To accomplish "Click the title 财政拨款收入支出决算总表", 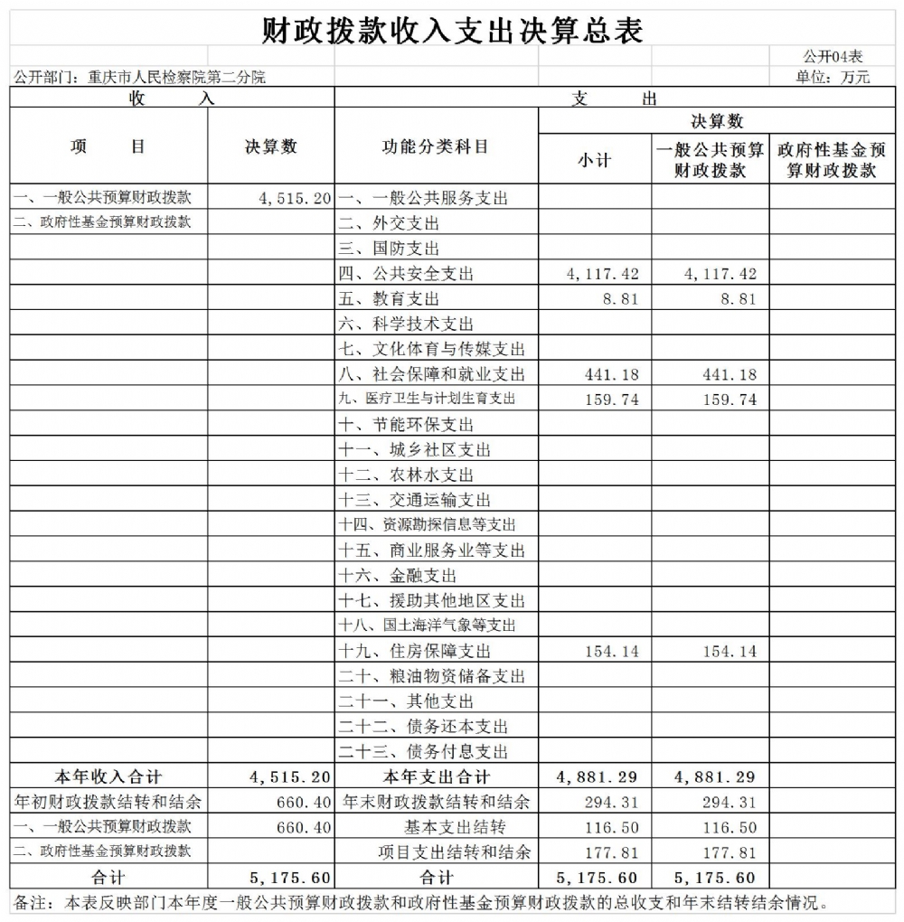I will click(x=452, y=31).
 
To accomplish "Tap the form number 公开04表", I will click(x=833, y=57).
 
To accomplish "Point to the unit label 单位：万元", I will click(x=833, y=78).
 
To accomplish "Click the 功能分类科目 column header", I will click(x=436, y=146).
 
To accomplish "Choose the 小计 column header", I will click(x=594, y=160).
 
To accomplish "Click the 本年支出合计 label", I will click(x=436, y=776).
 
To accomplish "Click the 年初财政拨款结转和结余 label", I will click(x=109, y=802).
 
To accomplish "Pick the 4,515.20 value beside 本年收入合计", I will click(x=290, y=776).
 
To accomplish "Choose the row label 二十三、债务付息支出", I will click(x=423, y=751).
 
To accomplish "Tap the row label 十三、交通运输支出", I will click(x=414, y=500).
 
